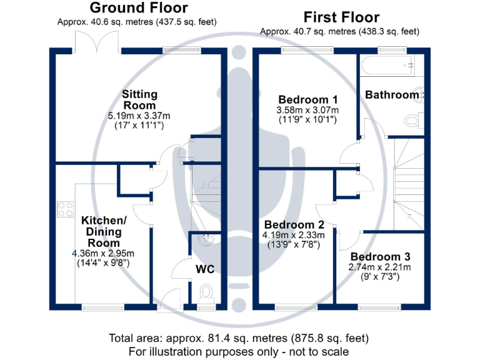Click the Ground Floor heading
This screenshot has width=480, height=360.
pos(138,8)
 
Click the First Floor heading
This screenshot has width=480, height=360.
pos(341,17)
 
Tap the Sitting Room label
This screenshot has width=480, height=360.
pos(139,100)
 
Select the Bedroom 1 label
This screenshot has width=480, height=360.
pos(308,99)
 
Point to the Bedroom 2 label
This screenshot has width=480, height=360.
pos(294,224)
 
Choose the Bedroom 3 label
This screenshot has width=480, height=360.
pos(380,257)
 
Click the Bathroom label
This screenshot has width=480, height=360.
pos(392,95)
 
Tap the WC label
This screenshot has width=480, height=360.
pos(206,269)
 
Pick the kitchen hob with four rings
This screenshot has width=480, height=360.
pos(65,209)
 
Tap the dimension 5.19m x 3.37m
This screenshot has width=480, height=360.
pos(139,116)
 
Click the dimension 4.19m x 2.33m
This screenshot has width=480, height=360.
pos(294,235)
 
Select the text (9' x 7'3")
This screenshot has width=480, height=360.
pos(381,276)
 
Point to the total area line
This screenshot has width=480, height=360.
pos(239,338)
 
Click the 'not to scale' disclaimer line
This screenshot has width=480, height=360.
pos(239,351)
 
